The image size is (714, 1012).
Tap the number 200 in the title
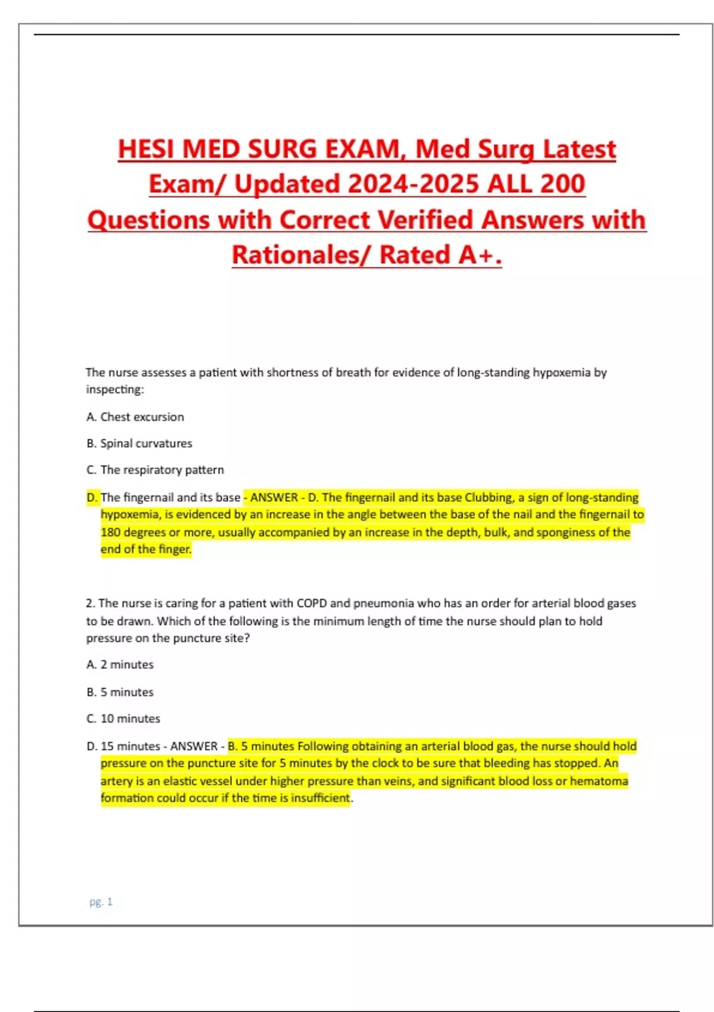563,184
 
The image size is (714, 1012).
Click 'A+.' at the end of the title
480,255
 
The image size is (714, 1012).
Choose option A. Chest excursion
135,417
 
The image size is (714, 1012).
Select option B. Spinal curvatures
139,443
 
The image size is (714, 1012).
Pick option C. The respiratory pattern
155,470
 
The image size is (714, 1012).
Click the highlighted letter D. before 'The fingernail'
92,497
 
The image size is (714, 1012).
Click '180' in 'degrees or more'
111,532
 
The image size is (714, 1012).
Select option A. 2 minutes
120,664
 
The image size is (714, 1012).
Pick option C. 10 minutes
123,719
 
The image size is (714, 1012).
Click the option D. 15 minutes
123,746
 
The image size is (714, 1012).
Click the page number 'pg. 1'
101,902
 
